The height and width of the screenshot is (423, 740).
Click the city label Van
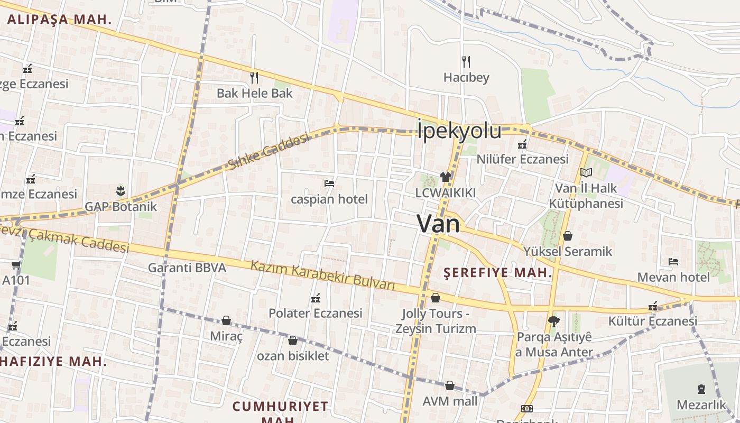coord(438,224)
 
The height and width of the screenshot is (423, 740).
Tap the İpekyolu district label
coord(459,131)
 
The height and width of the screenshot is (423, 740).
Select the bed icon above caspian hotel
coord(329,183)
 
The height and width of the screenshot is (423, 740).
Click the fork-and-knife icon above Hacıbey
coord(466,62)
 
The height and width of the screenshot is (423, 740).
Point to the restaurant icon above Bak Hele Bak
coord(254,78)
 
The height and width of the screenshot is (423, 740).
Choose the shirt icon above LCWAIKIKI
coord(445,177)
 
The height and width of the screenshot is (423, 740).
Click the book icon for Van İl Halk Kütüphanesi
coord(586,172)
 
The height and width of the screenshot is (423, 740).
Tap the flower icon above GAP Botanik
coord(121,190)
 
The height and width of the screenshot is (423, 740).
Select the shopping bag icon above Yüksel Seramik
coord(568,236)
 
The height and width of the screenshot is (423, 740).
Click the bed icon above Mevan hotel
coord(673,261)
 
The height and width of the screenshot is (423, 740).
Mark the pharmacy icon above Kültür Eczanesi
coord(653,306)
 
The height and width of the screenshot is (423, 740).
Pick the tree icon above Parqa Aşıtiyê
coord(554,320)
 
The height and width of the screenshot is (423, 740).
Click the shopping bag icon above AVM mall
coord(450,385)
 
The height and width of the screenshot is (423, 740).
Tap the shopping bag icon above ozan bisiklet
coord(293,340)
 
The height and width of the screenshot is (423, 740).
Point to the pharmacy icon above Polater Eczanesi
coord(316,298)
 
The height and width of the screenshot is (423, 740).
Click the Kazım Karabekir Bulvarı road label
coord(322,275)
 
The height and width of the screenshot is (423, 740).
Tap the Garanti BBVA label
coord(187,268)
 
